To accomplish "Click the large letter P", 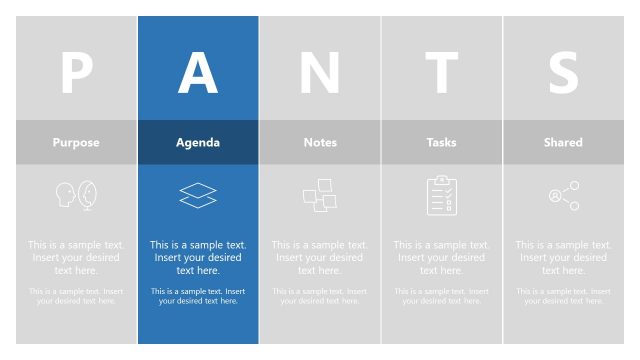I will click(x=76, y=72).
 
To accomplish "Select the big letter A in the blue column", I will click(x=198, y=72).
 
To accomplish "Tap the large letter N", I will click(x=320, y=72).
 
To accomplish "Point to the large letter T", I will click(x=441, y=72).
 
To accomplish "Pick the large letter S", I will click(x=563, y=72).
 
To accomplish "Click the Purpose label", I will click(x=76, y=142).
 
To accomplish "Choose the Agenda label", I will click(x=198, y=142).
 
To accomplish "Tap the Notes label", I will click(x=320, y=142).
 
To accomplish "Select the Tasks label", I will click(x=441, y=142).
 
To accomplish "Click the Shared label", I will click(x=563, y=142).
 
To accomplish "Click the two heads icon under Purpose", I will click(x=76, y=195).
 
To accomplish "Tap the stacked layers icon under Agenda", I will click(x=198, y=195).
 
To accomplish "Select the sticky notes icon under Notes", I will click(x=320, y=195).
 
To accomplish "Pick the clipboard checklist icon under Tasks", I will click(x=441, y=195).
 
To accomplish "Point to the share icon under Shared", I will click(x=564, y=196).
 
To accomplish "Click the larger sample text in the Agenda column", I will click(x=198, y=257).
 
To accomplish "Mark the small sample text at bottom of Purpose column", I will click(x=76, y=296).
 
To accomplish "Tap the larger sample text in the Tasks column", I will click(x=441, y=257).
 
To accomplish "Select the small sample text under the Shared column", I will click(x=563, y=296).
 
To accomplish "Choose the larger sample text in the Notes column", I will click(x=320, y=257).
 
